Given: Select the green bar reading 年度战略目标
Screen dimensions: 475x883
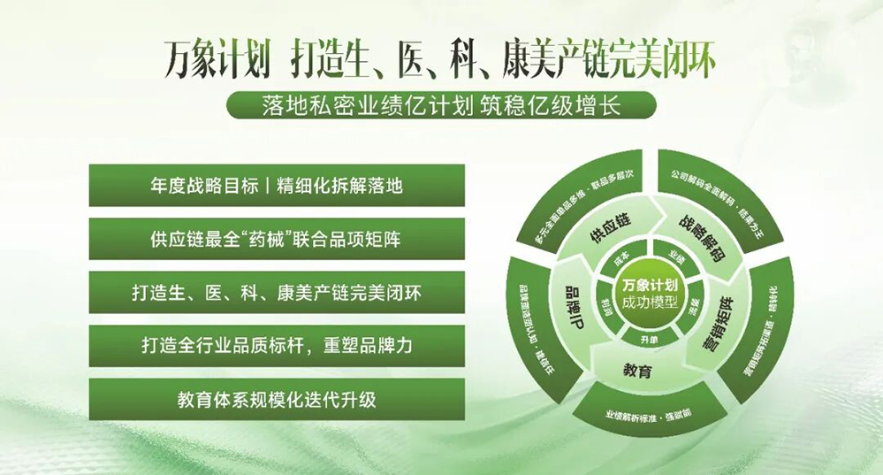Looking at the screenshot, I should [277, 186].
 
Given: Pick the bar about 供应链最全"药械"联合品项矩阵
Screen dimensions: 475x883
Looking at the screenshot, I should [277, 239].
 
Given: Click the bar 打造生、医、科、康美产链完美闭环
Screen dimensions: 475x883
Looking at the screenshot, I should [277, 292].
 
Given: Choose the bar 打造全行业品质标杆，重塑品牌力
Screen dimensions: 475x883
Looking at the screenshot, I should [277, 345].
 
